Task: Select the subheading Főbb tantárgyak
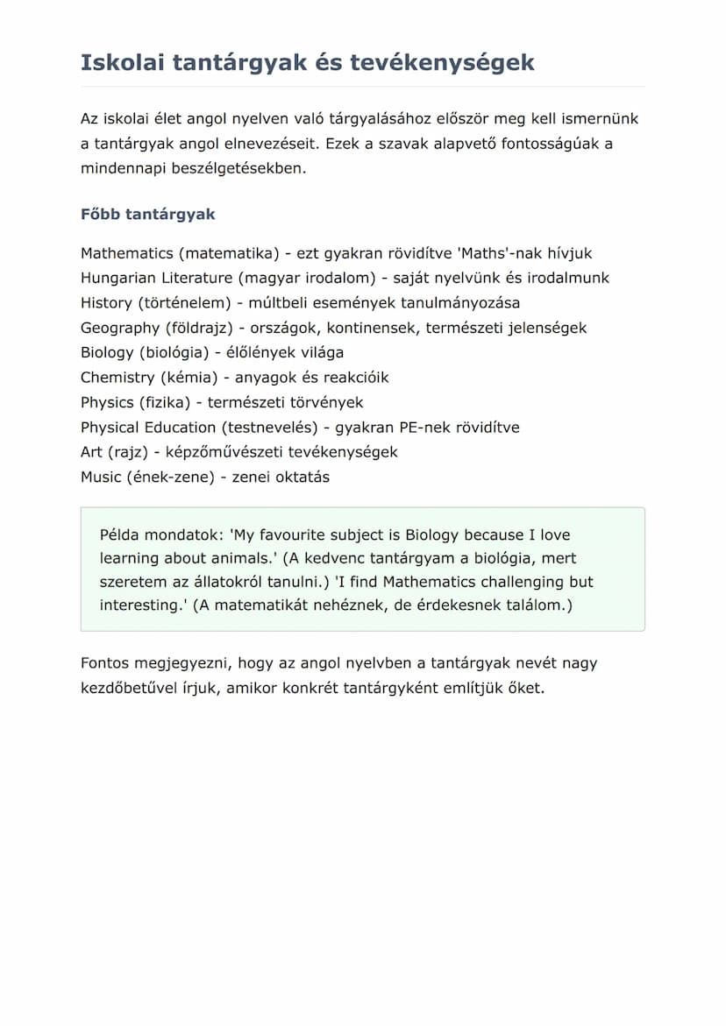pos(147,215)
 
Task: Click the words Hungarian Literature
pos(156,278)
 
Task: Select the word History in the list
pos(106,303)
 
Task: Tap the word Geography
pos(119,328)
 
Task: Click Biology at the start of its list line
pos(107,352)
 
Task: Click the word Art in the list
pos(91,452)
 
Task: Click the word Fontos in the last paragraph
pos(104,663)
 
